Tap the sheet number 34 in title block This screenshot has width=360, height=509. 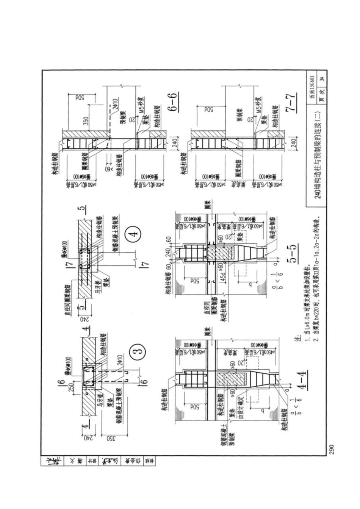click(321, 79)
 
